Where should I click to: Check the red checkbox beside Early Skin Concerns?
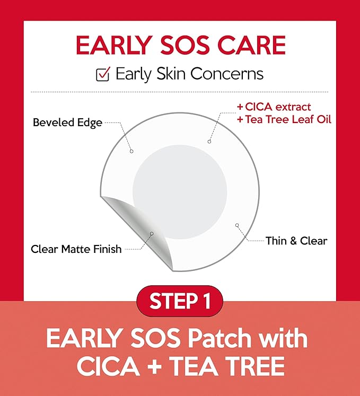pyautogui.click(x=102, y=75)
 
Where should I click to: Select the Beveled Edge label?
pyautogui.click(x=67, y=122)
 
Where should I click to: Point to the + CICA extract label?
pyautogui.click(x=274, y=108)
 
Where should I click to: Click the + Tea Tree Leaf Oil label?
pyautogui.click(x=284, y=120)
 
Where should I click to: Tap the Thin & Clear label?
pyautogui.click(x=296, y=241)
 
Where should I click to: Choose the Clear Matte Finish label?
pyautogui.click(x=76, y=249)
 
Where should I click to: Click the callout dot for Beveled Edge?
pyautogui.click(x=131, y=151)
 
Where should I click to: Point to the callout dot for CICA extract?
pyautogui.click(x=209, y=141)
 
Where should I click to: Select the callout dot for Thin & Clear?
pyautogui.click(x=237, y=225)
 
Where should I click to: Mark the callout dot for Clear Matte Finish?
pyautogui.click(x=152, y=233)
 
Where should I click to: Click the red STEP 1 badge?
pyautogui.click(x=180, y=302)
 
